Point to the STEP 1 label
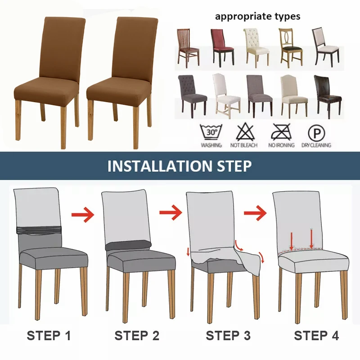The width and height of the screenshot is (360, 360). point(49,336)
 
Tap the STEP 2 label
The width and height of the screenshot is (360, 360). point(136,336)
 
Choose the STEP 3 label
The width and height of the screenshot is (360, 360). point(228,336)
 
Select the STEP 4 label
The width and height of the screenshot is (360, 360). point(316,336)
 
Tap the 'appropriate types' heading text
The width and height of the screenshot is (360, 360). point(257,17)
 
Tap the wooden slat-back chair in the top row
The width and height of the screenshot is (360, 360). point(188,47)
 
